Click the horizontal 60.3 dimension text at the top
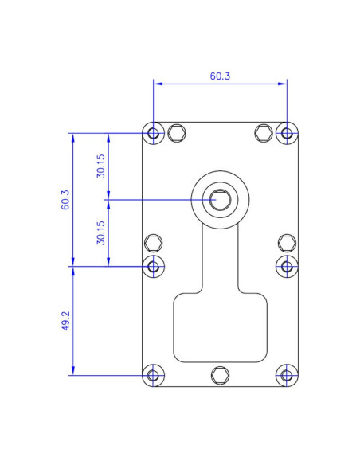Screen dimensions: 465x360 pos(220,76)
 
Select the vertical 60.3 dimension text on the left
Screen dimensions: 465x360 pos(65,199)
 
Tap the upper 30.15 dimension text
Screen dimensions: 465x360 pos(101,166)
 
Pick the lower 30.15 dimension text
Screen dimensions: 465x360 pos(101,232)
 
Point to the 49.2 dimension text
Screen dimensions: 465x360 pos(65,321)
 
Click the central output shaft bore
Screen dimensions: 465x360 pos(220,199)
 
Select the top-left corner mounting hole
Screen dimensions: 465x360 pos(153,133)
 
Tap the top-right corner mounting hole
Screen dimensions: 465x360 pos(287,133)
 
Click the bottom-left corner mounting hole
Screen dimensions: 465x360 pos(153,375)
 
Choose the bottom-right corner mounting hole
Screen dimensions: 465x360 pos(287,375)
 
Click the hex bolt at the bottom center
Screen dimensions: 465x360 pos(220,375)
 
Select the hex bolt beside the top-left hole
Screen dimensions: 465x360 pos(176,133)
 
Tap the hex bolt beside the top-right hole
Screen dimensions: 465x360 pos(264,133)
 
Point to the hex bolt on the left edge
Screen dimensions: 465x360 pos(153,242)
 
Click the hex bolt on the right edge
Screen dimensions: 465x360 pos(287,242)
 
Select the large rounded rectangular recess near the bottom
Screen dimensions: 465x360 pos(220,326)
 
